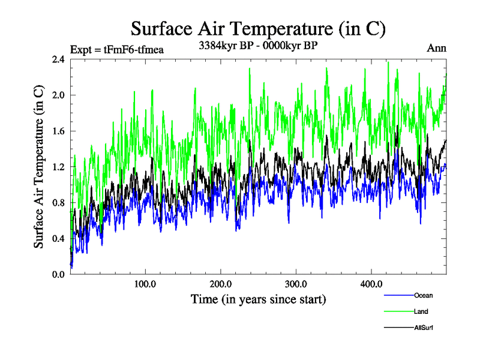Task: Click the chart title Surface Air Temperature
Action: coord(258,29)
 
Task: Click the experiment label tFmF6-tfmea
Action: coord(117,49)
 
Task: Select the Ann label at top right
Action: coord(436,49)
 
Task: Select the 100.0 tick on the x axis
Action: coord(146,284)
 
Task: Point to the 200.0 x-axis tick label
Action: coord(221,284)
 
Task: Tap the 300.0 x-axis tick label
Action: coord(296,284)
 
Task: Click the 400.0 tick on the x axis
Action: coord(371,284)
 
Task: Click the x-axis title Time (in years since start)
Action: coord(258,299)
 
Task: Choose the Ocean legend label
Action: coord(423,295)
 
